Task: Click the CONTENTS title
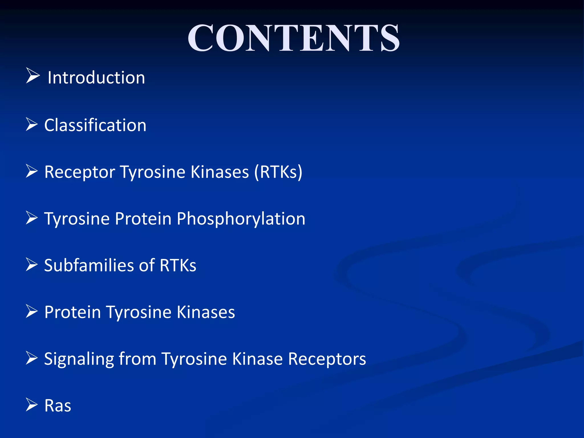tap(293, 38)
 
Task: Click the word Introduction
tap(96, 78)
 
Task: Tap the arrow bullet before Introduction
tap(33, 76)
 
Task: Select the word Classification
tap(95, 125)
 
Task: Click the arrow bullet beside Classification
tap(32, 124)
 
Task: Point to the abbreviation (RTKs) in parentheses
tap(278, 172)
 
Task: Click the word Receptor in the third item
tap(80, 172)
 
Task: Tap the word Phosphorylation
tap(241, 219)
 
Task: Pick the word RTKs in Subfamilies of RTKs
tap(178, 265)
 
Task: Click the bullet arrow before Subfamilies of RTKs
tap(32, 264)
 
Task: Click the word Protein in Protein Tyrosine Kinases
tap(73, 312)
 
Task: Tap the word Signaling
tap(79, 359)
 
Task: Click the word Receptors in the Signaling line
tap(327, 359)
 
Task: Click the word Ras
tap(58, 405)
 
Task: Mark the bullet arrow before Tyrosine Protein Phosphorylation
tap(32, 218)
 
